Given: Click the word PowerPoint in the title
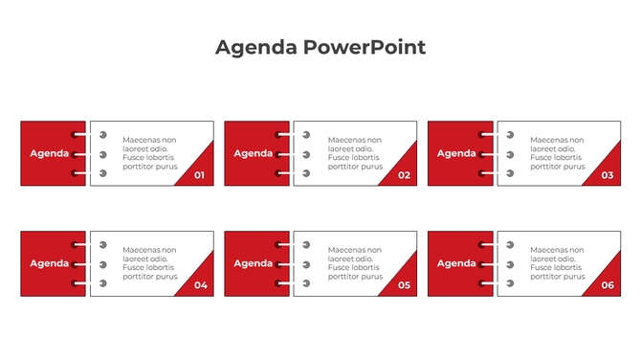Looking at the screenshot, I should [x=365, y=47].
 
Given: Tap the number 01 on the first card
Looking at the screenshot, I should [x=199, y=175].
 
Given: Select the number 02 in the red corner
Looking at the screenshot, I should [x=404, y=175].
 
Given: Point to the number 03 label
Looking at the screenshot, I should [x=608, y=175].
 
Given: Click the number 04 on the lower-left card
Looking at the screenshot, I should [x=200, y=285].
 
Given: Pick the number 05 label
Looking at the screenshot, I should [x=404, y=285].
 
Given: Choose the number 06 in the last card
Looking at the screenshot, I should [x=608, y=285].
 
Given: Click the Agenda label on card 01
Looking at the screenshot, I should [x=49, y=153].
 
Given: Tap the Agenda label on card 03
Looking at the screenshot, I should [x=456, y=153].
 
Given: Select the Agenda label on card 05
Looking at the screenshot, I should [x=253, y=263].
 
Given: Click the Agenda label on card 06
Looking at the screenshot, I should [x=456, y=263].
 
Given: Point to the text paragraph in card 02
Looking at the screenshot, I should [x=355, y=153].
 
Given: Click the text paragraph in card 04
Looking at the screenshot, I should [x=150, y=263].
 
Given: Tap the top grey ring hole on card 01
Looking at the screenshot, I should [x=103, y=136].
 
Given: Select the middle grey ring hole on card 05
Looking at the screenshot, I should [x=307, y=264].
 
